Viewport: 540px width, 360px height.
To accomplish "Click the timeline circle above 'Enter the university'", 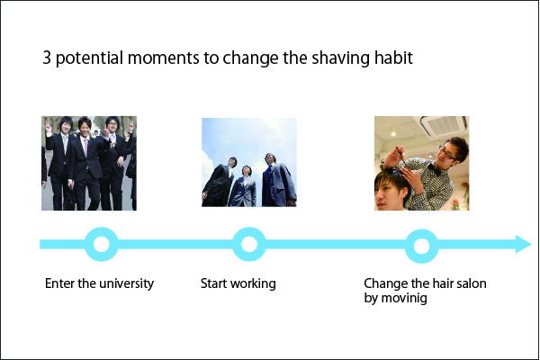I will [101, 244].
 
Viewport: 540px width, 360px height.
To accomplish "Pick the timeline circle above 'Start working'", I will [248, 244].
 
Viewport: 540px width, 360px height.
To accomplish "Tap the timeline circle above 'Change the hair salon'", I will [420, 244].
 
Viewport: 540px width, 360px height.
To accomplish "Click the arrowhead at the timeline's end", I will [522, 244].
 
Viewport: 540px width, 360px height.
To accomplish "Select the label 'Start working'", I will [238, 284].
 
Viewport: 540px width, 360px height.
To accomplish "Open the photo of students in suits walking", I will [89, 163].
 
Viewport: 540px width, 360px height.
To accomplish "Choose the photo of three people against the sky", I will [248, 163].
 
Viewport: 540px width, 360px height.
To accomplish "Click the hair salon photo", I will [421, 163].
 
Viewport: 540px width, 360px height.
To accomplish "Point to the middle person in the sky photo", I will [245, 180].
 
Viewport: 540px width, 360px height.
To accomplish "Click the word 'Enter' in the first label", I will [59, 284].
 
